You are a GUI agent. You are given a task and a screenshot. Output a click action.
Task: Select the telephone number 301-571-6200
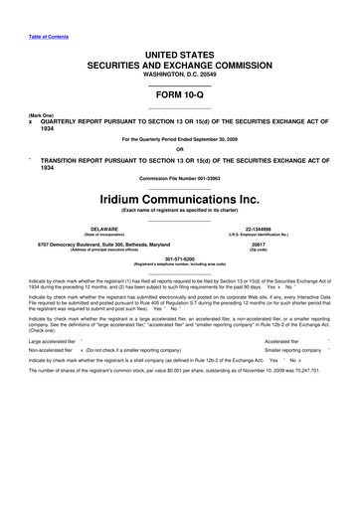point(179,291)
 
